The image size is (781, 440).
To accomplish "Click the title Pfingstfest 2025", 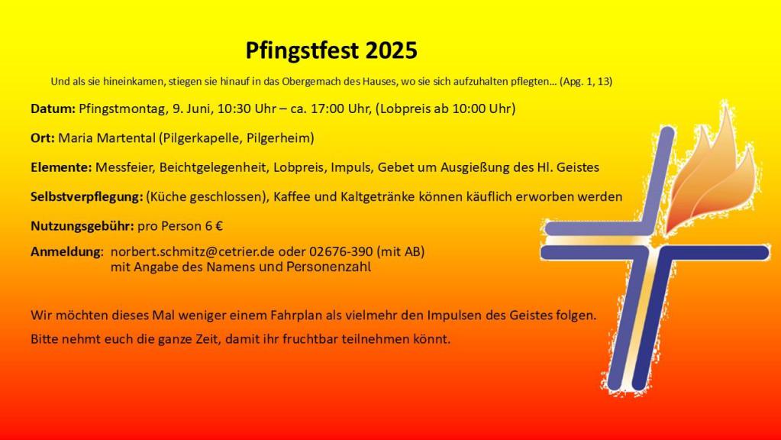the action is pyautogui.click(x=331, y=51).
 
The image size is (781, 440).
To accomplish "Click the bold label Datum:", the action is pyautogui.click(x=53, y=108).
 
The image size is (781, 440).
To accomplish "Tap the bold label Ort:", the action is pyautogui.click(x=42, y=138).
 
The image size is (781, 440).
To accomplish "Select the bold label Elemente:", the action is pyautogui.click(x=61, y=167).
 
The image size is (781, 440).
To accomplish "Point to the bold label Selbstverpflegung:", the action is pyautogui.click(x=87, y=197).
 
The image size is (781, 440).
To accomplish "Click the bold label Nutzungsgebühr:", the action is pyautogui.click(x=82, y=226).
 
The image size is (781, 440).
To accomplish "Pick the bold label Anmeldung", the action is pyautogui.click(x=65, y=252).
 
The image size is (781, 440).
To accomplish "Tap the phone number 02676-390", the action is pyautogui.click(x=340, y=251).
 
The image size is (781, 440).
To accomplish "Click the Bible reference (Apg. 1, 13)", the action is pyautogui.click(x=586, y=82).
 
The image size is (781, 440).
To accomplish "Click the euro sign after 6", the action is pyautogui.click(x=218, y=226).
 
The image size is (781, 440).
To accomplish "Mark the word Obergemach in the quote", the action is pyautogui.click(x=311, y=82).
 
